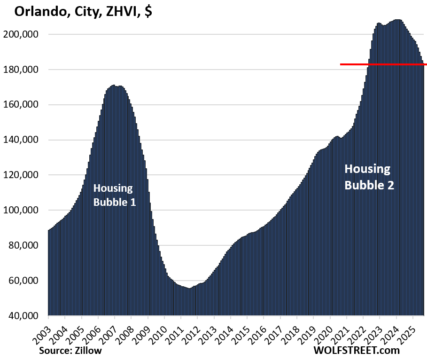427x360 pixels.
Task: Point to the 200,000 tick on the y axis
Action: click(25, 35)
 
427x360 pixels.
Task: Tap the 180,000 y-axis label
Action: click(25, 70)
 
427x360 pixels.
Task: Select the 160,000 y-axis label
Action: click(25, 105)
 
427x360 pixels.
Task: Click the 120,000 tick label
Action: click(25, 175)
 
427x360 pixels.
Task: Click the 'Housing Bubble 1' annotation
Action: click(113, 196)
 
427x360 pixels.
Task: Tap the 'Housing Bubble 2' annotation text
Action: click(369, 177)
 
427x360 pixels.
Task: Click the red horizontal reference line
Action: click(383, 64)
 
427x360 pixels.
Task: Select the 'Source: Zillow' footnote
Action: click(70, 350)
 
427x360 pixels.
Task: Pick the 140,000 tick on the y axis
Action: click(25, 140)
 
